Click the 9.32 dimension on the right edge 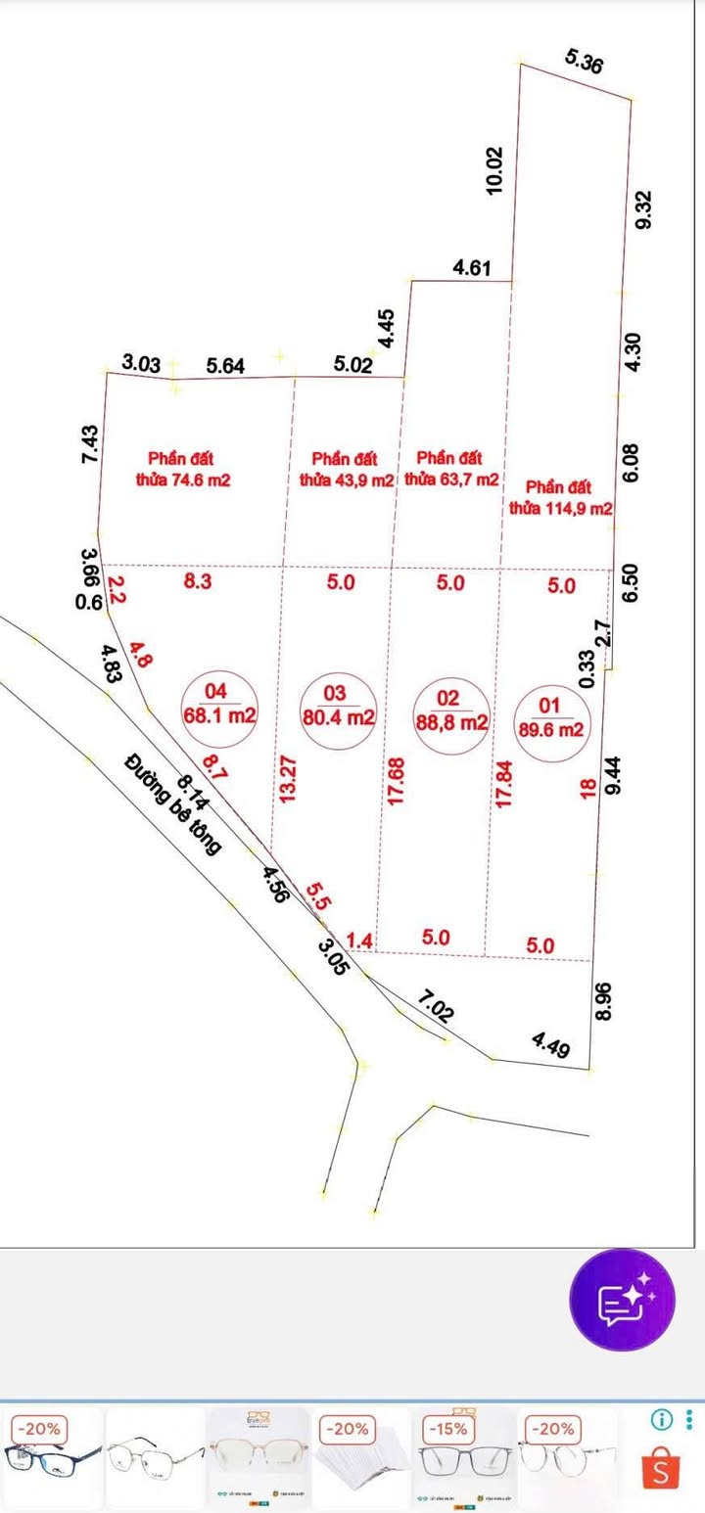[x=643, y=209]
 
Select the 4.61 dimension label [x=472, y=267]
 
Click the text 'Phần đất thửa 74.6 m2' [x=183, y=469]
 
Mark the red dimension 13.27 [x=286, y=779]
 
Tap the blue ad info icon [x=663, y=1418]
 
